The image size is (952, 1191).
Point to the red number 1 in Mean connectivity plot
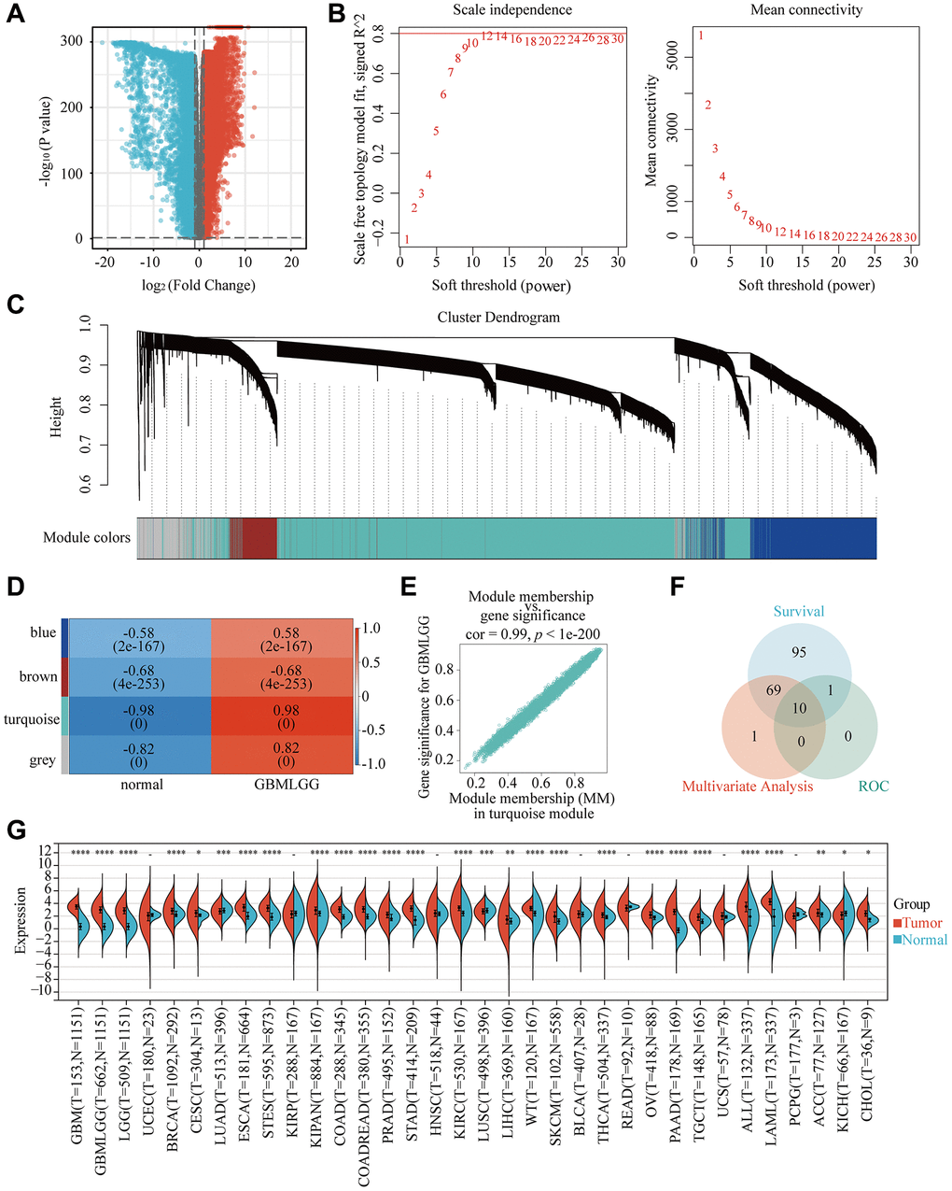point(701,36)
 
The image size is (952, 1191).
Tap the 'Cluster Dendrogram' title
point(498,318)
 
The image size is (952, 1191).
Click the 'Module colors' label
point(87,538)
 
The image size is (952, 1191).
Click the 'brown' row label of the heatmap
point(38,676)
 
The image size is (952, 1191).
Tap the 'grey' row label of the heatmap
point(42,760)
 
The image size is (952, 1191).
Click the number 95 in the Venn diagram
point(798,653)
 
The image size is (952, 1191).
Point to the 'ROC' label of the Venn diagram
point(875,787)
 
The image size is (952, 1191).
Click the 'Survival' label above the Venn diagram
point(798,611)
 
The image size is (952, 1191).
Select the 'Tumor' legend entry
point(919,923)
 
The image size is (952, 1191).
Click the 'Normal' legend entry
point(923,940)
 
